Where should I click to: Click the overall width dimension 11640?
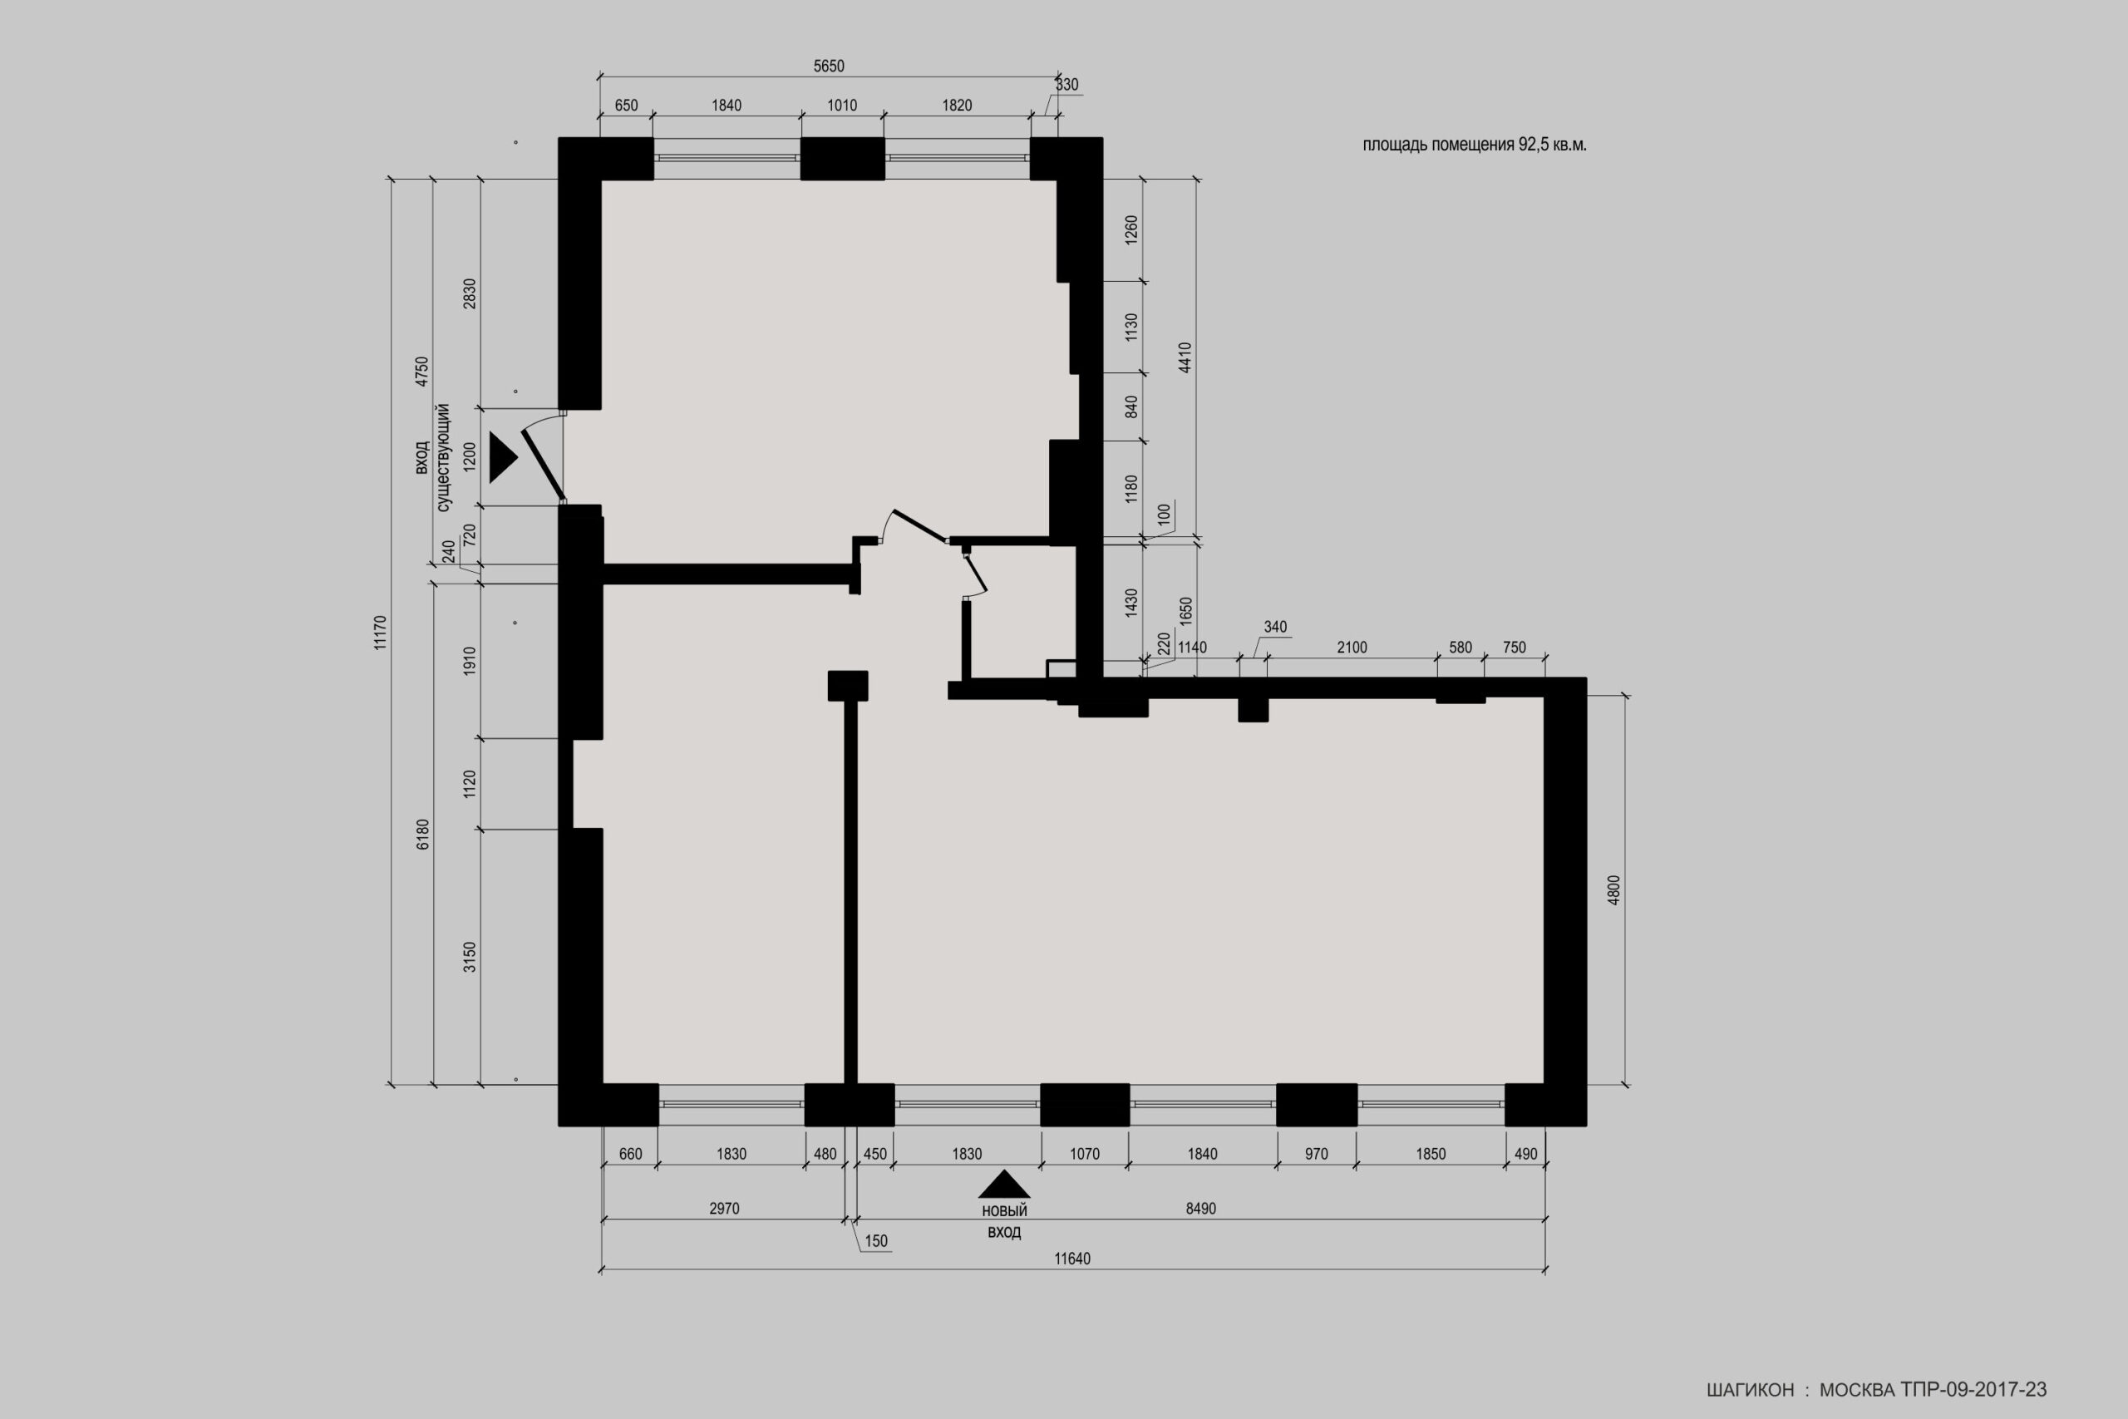[1072, 1259]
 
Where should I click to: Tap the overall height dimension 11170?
[380, 633]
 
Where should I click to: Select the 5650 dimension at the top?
[829, 66]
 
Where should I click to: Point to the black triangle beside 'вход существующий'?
[502, 457]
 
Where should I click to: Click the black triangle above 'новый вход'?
[1004, 1184]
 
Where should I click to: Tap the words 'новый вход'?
[1004, 1221]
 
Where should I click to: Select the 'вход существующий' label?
[432, 458]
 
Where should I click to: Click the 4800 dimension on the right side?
[1615, 889]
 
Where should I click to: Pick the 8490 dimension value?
[1200, 1208]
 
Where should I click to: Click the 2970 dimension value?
[725, 1208]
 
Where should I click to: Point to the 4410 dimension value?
[1185, 357]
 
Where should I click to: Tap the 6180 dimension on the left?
[423, 835]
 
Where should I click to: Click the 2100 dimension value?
[1352, 647]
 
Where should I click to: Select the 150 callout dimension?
[876, 1242]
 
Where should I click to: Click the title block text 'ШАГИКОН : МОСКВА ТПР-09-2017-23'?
[1876, 1390]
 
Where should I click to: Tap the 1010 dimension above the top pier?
[842, 105]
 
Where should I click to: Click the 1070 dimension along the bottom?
[1085, 1154]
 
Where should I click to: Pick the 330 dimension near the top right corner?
[1066, 84]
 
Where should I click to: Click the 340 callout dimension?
[1275, 626]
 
